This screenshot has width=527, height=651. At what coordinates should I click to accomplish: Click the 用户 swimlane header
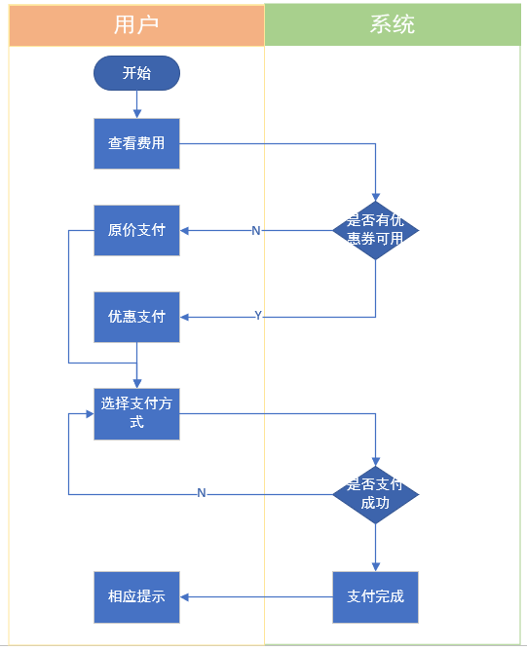136,25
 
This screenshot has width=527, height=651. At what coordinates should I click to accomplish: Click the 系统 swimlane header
393,24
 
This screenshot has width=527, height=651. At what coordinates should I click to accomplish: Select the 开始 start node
137,73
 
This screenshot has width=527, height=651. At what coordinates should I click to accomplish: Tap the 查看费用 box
137,143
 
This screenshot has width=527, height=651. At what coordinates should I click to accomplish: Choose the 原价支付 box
137,230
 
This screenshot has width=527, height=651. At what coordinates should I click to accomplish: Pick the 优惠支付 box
137,317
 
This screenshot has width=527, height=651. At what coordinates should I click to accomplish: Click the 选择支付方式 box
137,414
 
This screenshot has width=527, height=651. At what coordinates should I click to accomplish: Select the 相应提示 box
137,597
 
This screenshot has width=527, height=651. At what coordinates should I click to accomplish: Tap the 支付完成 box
376,597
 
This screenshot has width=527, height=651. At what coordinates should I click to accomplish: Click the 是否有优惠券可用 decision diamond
376,230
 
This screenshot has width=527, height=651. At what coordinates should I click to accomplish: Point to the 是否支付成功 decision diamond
376,494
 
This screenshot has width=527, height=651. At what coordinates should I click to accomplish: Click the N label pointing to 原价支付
256,230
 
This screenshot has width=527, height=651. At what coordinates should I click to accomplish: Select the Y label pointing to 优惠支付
258,316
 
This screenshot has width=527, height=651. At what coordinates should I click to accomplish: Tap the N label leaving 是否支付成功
202,493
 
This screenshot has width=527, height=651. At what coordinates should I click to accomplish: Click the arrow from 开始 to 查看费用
137,104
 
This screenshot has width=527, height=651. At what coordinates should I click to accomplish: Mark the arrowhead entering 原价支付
184,230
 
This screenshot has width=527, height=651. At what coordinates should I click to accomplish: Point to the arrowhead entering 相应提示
184,597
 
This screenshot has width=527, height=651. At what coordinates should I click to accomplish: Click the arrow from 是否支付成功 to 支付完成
376,548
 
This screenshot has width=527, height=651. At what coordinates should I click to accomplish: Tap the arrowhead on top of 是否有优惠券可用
376,197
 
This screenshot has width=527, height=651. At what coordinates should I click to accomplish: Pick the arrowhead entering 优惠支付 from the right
184,317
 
